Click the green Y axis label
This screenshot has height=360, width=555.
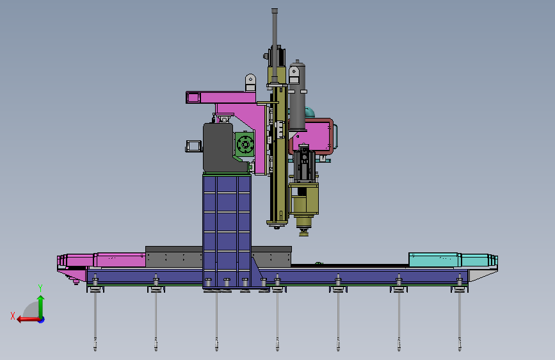tap(40, 288)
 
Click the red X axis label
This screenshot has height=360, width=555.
tap(13, 316)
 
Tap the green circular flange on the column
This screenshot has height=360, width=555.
tap(245, 144)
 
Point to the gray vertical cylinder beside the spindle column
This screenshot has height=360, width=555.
tap(297, 95)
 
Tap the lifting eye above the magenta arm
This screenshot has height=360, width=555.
tap(250, 82)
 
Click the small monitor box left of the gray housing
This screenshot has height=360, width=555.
tap(193, 146)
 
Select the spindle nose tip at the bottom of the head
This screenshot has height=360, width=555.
tap(303, 232)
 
